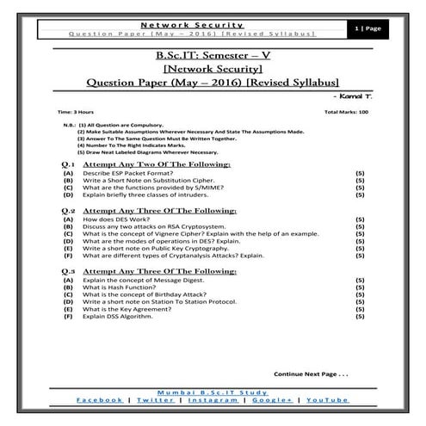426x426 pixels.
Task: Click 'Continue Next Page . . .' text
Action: click(310, 375)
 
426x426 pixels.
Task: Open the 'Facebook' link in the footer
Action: click(99, 400)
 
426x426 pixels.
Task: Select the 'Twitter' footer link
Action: click(155, 400)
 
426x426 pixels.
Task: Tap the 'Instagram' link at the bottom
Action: click(213, 400)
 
